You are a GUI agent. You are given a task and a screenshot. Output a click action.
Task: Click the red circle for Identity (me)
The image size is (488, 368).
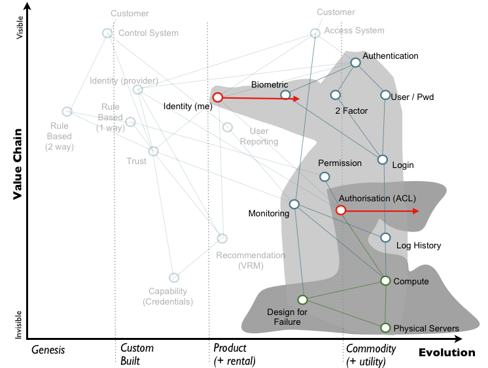pyautogui.click(x=218, y=97)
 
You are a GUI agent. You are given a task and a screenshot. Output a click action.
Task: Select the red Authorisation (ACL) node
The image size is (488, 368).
pyautogui.click(x=341, y=210)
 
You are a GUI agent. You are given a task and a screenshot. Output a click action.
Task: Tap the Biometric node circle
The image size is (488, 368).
pyautogui.click(x=285, y=95)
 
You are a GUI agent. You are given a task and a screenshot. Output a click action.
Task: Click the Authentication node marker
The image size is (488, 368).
pyautogui.click(x=355, y=63)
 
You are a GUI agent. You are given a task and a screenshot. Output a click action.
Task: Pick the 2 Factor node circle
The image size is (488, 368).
pyautogui.click(x=335, y=95)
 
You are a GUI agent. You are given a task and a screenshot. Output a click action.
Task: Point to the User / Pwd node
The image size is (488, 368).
pyautogui.click(x=385, y=95)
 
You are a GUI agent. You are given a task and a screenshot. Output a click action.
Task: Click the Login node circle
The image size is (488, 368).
pyautogui.click(x=383, y=159)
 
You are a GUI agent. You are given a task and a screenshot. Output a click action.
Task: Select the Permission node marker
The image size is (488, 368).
pyautogui.click(x=324, y=176)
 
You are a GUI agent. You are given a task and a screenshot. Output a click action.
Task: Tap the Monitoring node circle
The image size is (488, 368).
pyautogui.click(x=294, y=205)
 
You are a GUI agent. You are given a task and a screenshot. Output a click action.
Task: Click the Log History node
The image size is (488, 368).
pyautogui.click(x=385, y=238)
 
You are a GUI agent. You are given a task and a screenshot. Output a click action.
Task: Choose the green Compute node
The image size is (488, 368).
pyautogui.click(x=385, y=281)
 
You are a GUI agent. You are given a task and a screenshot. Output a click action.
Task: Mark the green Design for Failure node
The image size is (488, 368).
pyautogui.click(x=302, y=300)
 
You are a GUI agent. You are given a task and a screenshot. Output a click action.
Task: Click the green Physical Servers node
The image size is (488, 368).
pyautogui.click(x=385, y=327)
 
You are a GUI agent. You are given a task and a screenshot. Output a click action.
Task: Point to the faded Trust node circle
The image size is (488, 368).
pyautogui.click(x=153, y=152)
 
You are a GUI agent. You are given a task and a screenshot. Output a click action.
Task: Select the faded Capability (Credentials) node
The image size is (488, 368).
pyautogui.click(x=173, y=278)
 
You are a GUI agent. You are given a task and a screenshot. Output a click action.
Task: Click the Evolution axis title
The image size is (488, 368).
pyautogui.click(x=447, y=353)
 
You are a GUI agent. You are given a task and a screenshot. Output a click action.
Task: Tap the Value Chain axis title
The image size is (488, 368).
pyautogui.click(x=18, y=164)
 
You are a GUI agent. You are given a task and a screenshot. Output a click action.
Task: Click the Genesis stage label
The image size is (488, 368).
pyautogui.click(x=48, y=350)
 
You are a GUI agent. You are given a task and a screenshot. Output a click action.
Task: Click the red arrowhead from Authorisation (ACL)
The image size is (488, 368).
pyautogui.click(x=415, y=211)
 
